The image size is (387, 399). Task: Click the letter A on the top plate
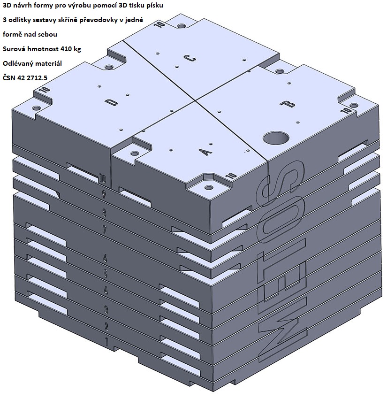[x=205, y=152]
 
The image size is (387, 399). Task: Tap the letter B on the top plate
[x=288, y=104]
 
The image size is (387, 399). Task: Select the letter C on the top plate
[x=190, y=59]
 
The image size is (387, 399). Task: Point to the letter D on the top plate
[x=111, y=102]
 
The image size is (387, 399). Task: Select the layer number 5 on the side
[x=105, y=273]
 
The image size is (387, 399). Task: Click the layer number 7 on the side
[x=104, y=230]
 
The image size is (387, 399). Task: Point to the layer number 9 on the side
[x=104, y=195]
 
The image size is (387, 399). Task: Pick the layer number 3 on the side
[x=106, y=310]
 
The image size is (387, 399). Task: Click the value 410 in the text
[x=67, y=49]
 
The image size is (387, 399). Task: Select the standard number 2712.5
[x=37, y=78]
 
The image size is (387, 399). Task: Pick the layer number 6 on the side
[x=105, y=258]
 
